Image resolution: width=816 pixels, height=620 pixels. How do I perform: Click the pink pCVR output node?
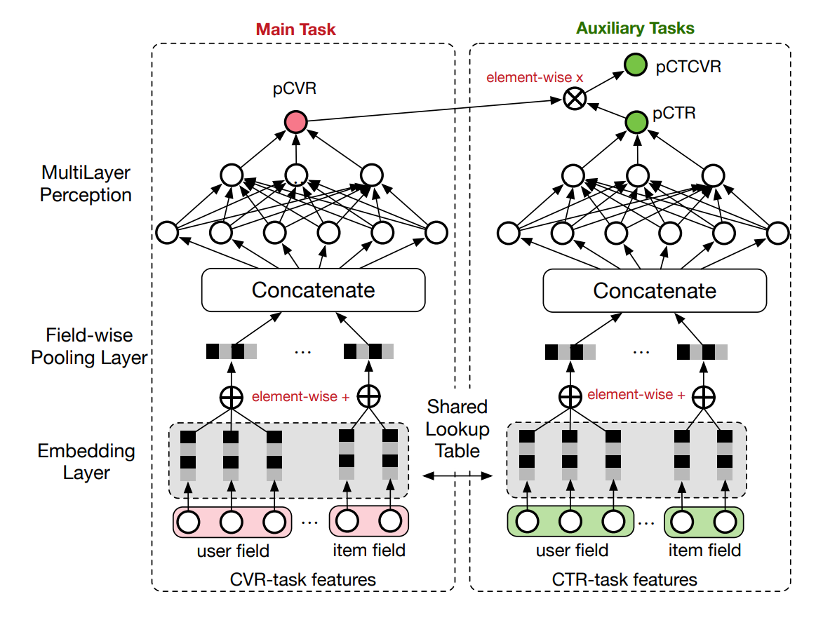[x=296, y=123]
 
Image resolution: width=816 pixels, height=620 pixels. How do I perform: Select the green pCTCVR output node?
[x=636, y=67]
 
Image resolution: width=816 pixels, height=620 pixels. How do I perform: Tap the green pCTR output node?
[x=636, y=123]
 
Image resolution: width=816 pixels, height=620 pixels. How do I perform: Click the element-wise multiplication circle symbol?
[x=575, y=99]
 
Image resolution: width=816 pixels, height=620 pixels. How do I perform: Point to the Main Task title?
[x=295, y=29]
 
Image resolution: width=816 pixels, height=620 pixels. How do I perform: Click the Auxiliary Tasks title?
[x=635, y=29]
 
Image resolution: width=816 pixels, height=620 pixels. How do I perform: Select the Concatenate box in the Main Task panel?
[x=314, y=290]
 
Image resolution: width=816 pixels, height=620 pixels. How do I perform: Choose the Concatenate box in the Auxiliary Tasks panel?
[x=655, y=290]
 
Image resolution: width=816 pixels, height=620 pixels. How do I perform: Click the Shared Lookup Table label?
[x=457, y=428]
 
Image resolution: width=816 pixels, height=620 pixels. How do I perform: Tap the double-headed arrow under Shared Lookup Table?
[x=457, y=476]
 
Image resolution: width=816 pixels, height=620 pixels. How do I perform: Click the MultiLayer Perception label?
[x=86, y=184]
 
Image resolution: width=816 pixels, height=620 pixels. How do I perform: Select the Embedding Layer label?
[x=86, y=461]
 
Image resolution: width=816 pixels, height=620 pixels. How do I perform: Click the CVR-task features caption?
[x=302, y=579]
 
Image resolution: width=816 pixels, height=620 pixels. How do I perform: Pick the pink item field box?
[x=369, y=522]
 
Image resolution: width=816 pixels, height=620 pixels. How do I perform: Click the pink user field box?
[x=232, y=522]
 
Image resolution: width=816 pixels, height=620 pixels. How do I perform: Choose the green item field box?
[x=704, y=522]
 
